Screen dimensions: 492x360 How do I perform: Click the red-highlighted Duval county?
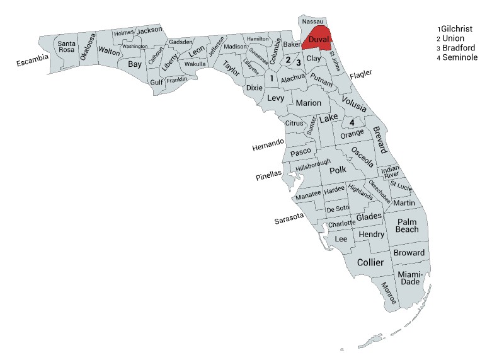319,40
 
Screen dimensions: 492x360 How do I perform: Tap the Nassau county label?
314,21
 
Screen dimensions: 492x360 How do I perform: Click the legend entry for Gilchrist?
457,29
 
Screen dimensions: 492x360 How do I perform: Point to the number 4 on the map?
352,122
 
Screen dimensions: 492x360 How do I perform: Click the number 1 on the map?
272,79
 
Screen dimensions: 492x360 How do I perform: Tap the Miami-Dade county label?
410,277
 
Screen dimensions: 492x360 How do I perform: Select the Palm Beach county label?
407,225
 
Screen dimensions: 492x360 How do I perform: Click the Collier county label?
370,262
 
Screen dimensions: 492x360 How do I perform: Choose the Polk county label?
338,170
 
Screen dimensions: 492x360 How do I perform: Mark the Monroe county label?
389,293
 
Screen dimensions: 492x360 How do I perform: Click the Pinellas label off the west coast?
269,177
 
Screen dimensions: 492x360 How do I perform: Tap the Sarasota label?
290,219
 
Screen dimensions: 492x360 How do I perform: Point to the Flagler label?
361,74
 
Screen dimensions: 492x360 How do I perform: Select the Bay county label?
135,64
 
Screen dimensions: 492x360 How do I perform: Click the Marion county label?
309,103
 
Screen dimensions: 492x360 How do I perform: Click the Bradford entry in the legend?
459,48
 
